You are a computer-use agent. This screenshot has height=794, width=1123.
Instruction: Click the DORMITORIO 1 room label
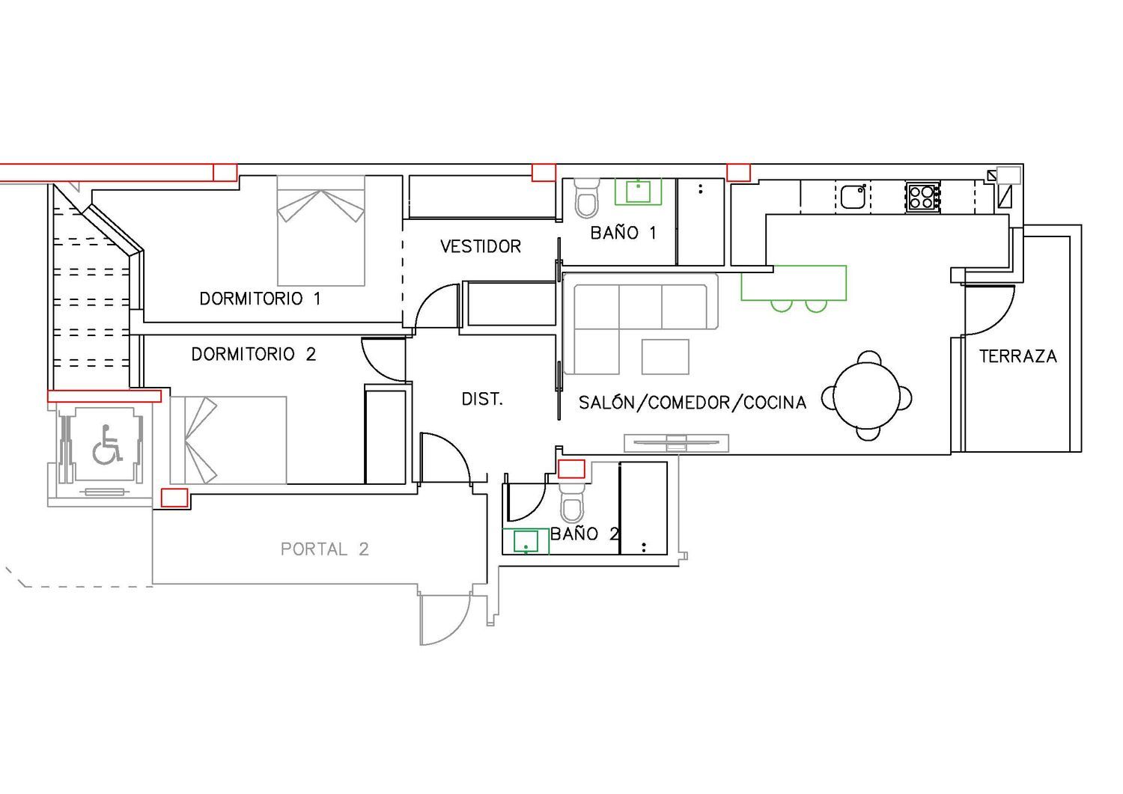[x=260, y=299]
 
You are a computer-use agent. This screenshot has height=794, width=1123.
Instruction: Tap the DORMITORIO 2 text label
[x=254, y=355]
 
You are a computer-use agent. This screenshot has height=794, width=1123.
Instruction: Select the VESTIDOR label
[x=481, y=246]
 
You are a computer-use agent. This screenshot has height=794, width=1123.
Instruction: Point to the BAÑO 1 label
[x=623, y=233]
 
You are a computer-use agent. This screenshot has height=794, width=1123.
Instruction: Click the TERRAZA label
[x=1018, y=356]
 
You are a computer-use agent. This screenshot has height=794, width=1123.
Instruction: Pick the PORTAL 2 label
[x=325, y=549]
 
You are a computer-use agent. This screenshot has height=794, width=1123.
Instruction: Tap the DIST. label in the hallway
[x=482, y=400]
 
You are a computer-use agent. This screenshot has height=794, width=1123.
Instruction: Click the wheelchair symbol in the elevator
[x=107, y=444]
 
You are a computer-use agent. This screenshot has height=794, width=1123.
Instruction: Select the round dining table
[x=867, y=395]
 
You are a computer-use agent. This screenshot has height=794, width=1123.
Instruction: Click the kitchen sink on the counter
[x=853, y=197]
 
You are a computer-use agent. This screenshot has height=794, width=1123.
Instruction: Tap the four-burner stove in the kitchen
[x=922, y=197]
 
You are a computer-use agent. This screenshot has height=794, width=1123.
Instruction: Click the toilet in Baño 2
[x=571, y=503]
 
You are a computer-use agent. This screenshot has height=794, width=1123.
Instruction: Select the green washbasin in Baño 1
[x=638, y=192]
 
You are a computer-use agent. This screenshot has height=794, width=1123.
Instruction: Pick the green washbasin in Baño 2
[x=526, y=541]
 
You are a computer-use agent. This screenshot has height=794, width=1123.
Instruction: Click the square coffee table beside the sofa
[x=666, y=357]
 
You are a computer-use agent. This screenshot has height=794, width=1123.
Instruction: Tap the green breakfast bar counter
[x=794, y=283]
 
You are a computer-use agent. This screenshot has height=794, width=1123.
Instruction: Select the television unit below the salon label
[x=676, y=443]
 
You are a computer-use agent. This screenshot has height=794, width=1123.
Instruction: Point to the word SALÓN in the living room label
[x=606, y=403]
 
